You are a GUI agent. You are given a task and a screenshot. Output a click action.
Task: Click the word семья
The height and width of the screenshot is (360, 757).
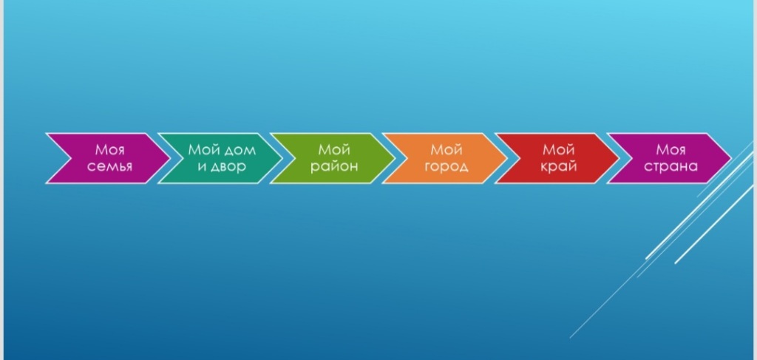pos(109,166)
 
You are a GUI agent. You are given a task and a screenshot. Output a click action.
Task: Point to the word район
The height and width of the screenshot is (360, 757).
pos(334,166)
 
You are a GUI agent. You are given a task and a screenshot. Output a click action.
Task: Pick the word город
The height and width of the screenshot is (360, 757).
pos(446,167)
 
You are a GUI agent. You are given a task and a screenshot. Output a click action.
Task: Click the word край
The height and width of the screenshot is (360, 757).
pos(559,167)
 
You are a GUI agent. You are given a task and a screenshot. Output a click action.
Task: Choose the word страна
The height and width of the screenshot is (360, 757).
pos(671,167)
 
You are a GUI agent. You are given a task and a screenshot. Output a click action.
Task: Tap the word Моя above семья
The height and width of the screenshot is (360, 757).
pos(109,150)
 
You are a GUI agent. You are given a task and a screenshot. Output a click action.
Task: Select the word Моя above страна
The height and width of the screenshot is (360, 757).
pos(671,150)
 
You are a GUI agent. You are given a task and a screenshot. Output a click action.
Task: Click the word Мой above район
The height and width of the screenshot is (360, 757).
pos(334,149)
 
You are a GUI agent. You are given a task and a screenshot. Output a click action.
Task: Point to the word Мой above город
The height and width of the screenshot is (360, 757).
pos(447,149)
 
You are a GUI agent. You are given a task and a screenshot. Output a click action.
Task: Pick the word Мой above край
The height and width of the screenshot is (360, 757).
pos(559,149)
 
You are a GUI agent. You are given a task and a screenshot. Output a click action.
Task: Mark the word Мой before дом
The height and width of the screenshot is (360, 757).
pos(204,149)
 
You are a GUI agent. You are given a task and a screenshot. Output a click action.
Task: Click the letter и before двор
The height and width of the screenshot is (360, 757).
pos(202,167)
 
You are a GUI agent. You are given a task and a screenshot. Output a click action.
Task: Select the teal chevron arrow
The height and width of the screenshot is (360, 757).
pos(220,158)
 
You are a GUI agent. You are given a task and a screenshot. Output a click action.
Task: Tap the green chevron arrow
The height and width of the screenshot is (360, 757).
pos(332,158)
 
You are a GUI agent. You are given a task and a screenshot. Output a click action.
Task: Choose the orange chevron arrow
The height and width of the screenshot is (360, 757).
pos(444,158)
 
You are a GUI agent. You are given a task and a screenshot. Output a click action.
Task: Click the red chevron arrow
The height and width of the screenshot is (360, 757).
pos(557,158)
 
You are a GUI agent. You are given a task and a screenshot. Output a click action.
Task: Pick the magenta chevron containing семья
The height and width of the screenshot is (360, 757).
pos(108,158)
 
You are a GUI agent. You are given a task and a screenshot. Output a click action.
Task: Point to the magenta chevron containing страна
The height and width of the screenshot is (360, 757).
pos(669,158)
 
